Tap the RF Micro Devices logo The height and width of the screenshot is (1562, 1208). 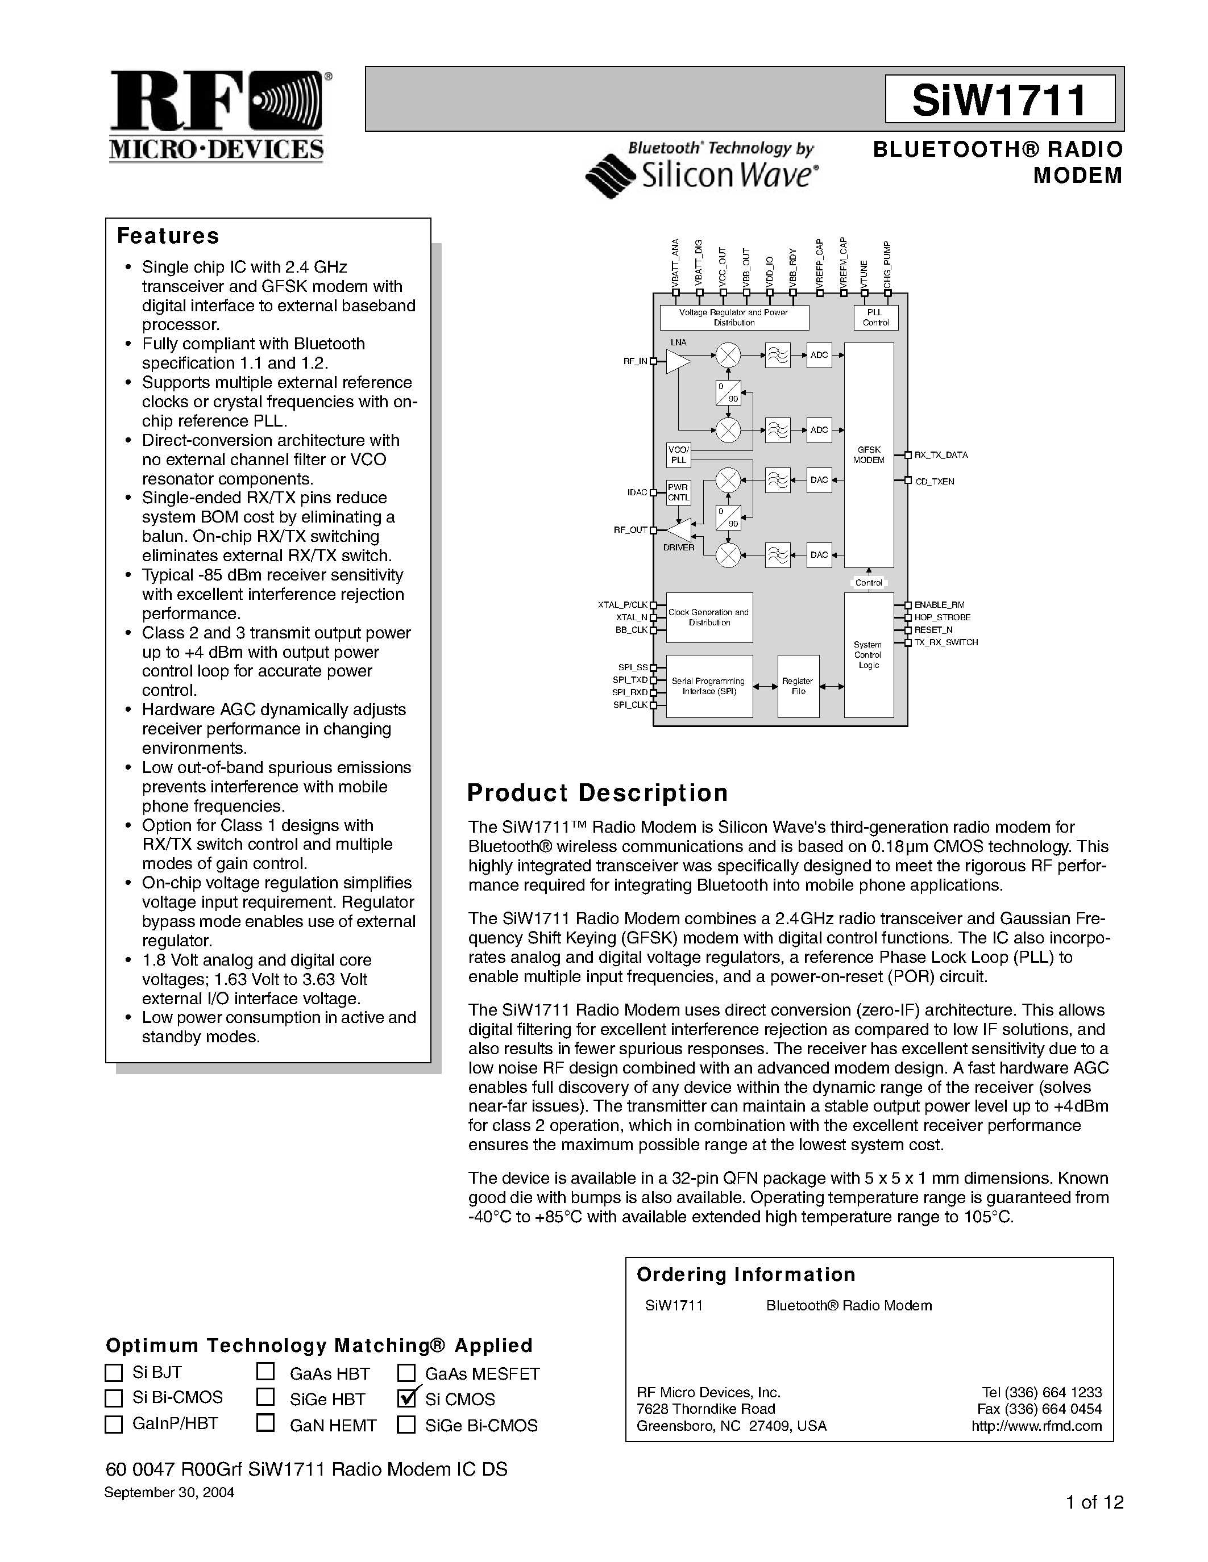pyautogui.click(x=218, y=116)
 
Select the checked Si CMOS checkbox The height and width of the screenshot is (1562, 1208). pyautogui.click(x=407, y=1397)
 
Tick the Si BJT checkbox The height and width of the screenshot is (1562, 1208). pyautogui.click(x=114, y=1372)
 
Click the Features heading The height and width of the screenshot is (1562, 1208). pyautogui.click(x=168, y=236)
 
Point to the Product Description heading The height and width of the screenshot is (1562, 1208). pyautogui.click(x=597, y=792)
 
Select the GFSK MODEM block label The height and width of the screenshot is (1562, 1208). pyautogui.click(x=869, y=455)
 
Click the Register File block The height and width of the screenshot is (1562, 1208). pyautogui.click(x=798, y=686)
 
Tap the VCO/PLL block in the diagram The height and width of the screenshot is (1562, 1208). pyautogui.click(x=678, y=455)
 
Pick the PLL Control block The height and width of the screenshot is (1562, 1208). pyautogui.click(x=875, y=318)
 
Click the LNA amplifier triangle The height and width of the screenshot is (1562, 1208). pyautogui.click(x=677, y=361)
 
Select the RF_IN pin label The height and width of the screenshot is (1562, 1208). pyautogui.click(x=635, y=362)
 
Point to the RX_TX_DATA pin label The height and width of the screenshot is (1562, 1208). pyautogui.click(x=940, y=455)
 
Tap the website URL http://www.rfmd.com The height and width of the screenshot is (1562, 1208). pyautogui.click(x=1036, y=1426)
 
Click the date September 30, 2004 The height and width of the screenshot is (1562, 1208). pyautogui.click(x=169, y=1493)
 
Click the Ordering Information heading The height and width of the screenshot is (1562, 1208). pyautogui.click(x=746, y=1275)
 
